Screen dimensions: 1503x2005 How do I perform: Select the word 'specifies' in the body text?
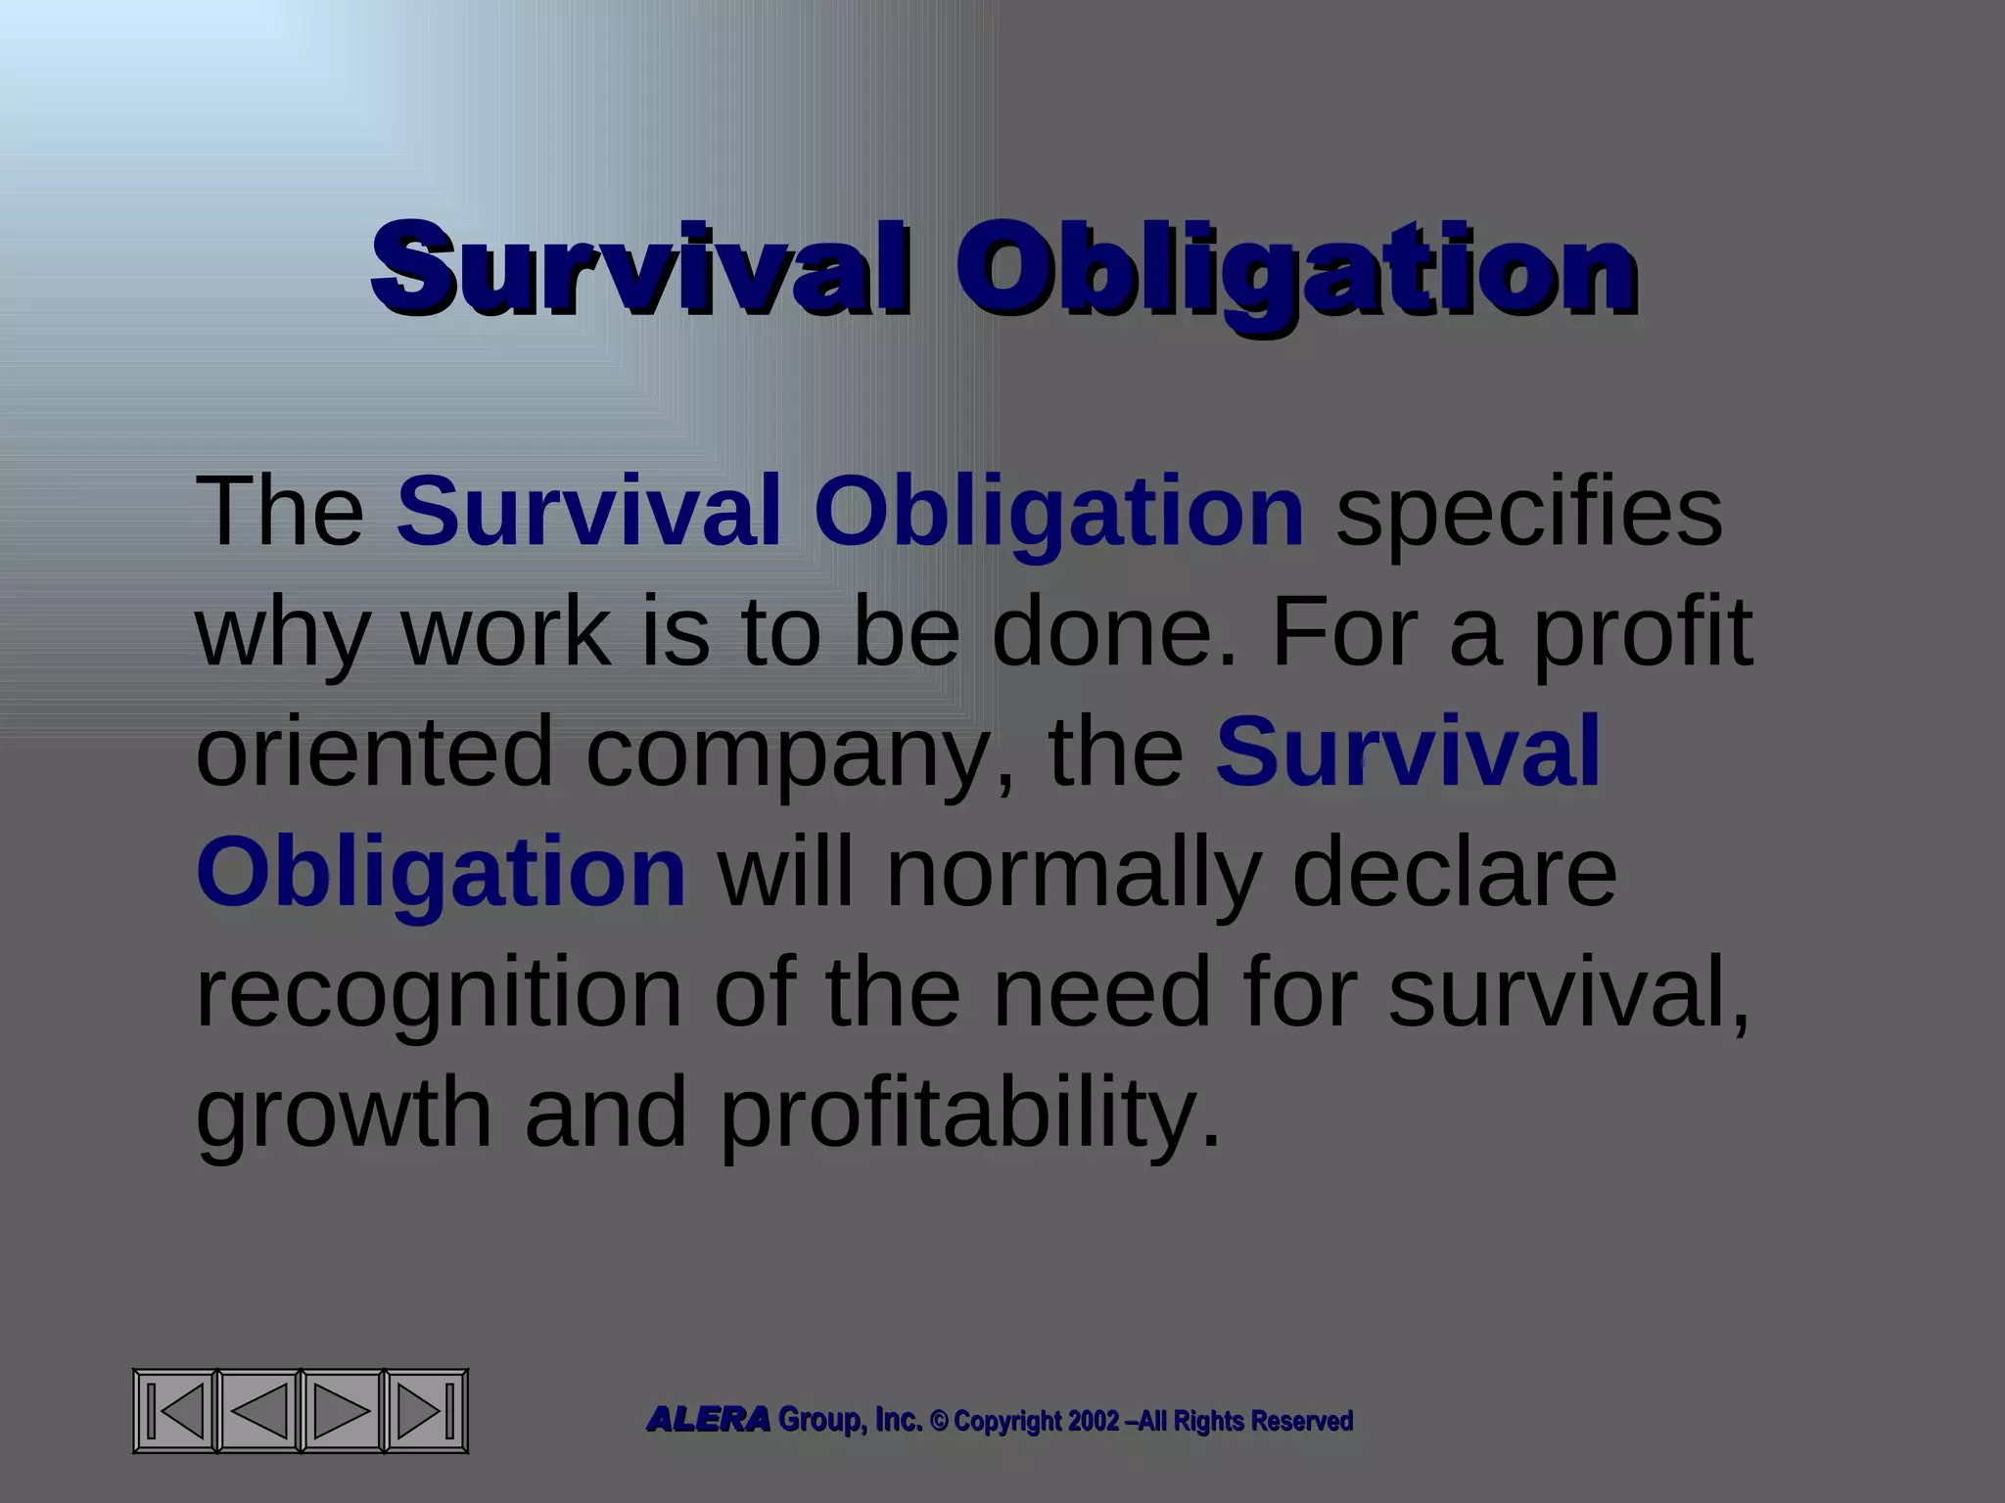[x=1529, y=511]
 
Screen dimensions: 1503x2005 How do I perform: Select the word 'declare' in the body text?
[x=1455, y=872]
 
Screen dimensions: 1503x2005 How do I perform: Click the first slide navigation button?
[x=176, y=1411]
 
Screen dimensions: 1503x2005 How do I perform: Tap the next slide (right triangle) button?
[x=341, y=1411]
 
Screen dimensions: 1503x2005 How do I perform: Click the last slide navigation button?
[x=425, y=1411]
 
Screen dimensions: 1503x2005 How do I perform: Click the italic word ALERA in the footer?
[x=708, y=1420]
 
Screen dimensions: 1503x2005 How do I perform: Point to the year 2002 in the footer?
[x=1094, y=1421]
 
